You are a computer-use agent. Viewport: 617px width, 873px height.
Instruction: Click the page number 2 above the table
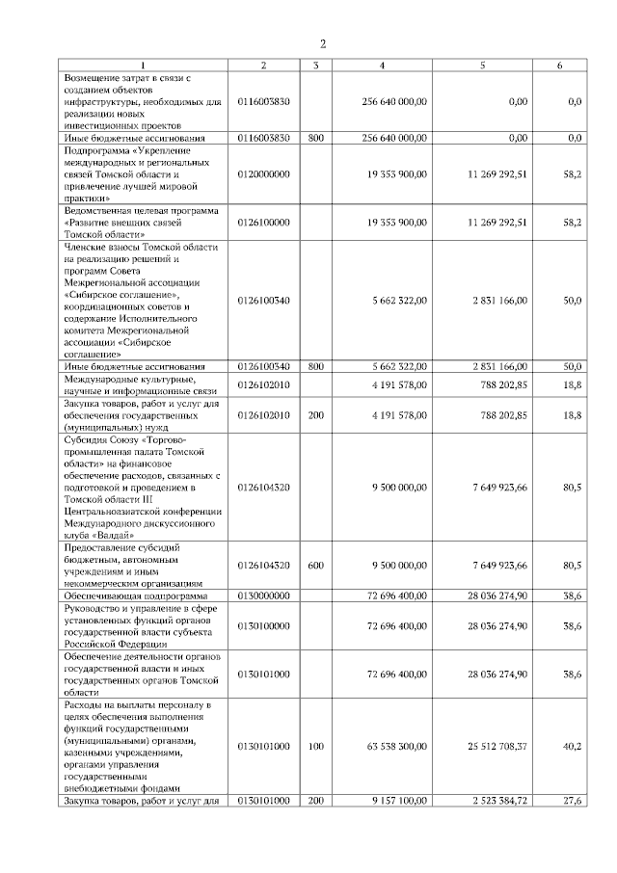point(323,44)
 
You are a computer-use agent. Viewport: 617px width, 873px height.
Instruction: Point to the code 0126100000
point(262,222)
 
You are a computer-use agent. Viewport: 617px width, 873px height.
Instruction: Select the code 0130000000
point(262,597)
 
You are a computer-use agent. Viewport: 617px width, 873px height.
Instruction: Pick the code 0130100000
point(262,626)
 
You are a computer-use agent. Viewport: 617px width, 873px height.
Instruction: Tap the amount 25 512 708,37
point(496,745)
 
